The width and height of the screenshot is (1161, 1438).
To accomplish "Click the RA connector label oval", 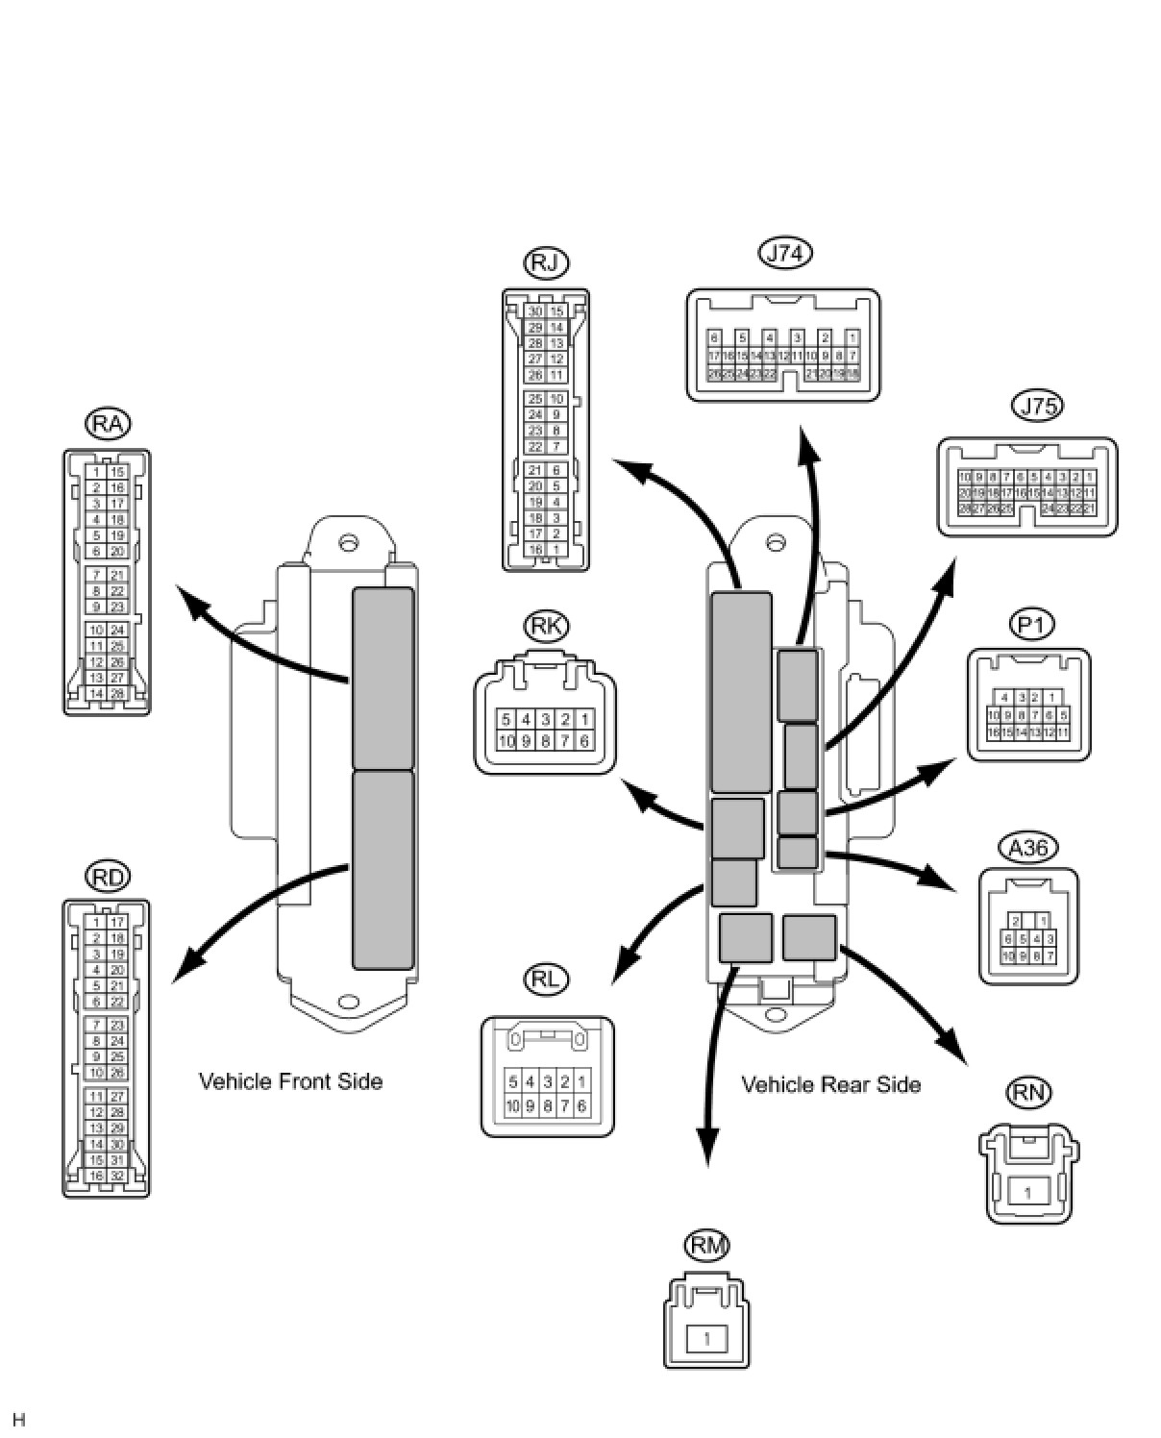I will point(108,423).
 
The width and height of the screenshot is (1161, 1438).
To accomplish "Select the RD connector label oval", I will point(108,876).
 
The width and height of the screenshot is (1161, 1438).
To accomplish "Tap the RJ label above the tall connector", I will point(546,262).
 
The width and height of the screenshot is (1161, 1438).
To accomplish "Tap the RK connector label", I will point(547,626).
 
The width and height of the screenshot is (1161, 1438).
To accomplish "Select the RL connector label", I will point(547,979).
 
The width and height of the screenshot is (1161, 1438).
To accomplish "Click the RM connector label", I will point(706,1246).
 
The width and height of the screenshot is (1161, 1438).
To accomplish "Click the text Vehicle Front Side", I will point(290,1081).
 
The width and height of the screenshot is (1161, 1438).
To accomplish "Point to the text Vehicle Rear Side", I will point(830,1084).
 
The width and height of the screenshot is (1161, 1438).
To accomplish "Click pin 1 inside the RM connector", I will point(707,1337).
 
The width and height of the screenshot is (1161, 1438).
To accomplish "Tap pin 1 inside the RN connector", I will point(1028,1193).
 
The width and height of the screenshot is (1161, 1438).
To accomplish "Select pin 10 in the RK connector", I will point(506,741).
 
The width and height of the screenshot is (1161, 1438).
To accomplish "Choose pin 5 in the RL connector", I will point(513,1081).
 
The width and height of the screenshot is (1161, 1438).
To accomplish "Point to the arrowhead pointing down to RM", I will point(707,1149).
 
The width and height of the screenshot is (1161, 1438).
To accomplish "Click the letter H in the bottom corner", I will point(19,1420).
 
